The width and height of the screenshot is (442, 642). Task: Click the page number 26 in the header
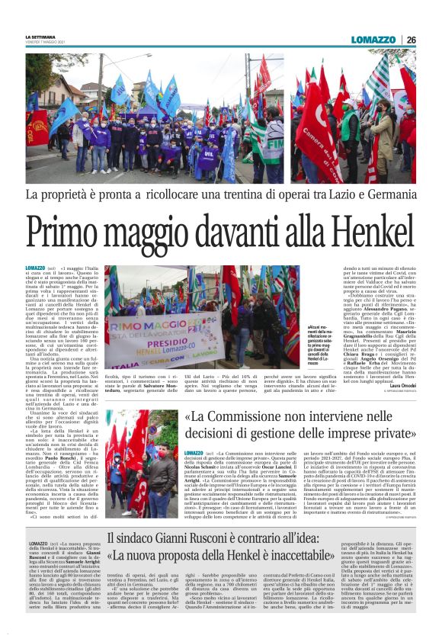point(412,40)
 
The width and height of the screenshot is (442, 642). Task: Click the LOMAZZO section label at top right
point(374,40)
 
